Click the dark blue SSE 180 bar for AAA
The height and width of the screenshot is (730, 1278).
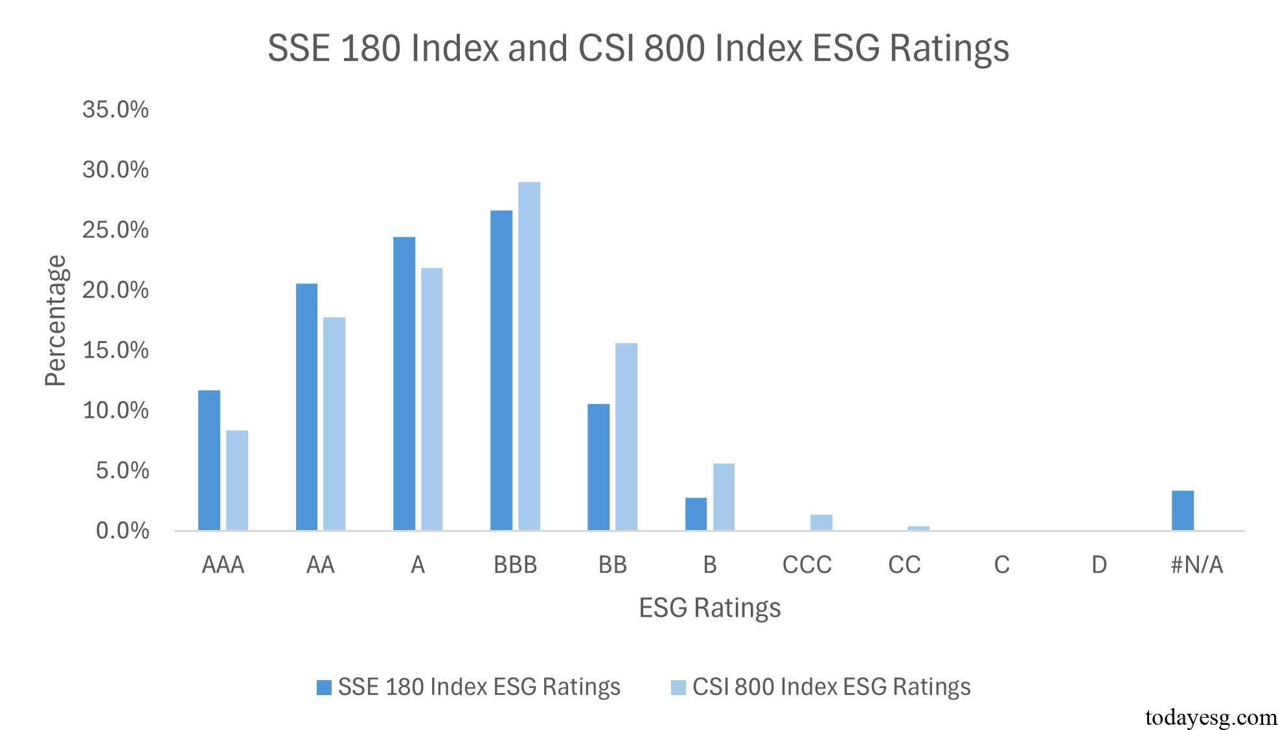[x=209, y=460]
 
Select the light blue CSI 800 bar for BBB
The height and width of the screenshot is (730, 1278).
[x=529, y=356]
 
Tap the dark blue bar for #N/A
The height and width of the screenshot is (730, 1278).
[x=1182, y=511]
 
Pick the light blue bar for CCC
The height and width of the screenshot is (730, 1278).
[x=821, y=523]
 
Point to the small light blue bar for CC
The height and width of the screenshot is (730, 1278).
[x=918, y=528]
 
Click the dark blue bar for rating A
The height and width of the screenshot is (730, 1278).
[x=404, y=384]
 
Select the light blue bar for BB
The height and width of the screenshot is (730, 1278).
[x=626, y=437]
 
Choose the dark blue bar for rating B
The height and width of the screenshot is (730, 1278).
[x=696, y=514]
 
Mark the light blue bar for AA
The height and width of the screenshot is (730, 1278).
[x=334, y=424]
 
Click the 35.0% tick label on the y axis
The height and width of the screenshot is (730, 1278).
[x=115, y=109]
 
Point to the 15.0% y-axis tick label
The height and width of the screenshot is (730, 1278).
[x=115, y=350]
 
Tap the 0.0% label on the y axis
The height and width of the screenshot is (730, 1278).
[x=122, y=531]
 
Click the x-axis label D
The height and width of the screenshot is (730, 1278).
[x=1099, y=565]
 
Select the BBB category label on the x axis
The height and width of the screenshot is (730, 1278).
[x=515, y=565]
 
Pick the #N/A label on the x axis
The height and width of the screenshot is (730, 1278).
[x=1196, y=565]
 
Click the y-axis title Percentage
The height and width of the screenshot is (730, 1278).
[x=56, y=320]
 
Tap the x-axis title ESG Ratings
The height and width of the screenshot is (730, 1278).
[x=709, y=608]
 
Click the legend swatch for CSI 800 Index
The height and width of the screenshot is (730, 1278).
[x=678, y=687]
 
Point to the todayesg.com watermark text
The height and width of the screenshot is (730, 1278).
[x=1211, y=717]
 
